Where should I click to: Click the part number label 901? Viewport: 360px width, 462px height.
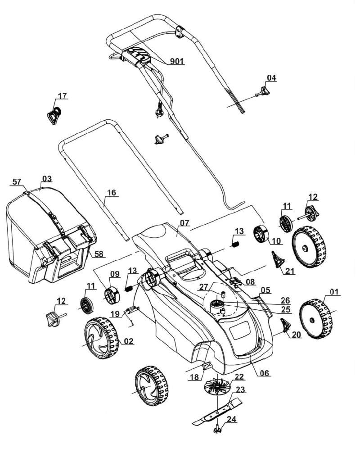click(177, 61)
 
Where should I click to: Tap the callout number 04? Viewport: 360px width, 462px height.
click(271, 78)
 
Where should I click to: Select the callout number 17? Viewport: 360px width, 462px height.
click(62, 96)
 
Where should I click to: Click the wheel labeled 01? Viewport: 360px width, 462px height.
click(315, 319)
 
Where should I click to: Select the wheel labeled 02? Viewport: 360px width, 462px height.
click(102, 338)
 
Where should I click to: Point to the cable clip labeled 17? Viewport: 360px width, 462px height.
click(54, 115)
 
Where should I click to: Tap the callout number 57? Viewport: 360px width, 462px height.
click(17, 182)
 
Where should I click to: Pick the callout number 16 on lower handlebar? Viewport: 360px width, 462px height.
click(112, 193)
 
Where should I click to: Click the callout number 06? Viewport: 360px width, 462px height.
click(265, 373)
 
